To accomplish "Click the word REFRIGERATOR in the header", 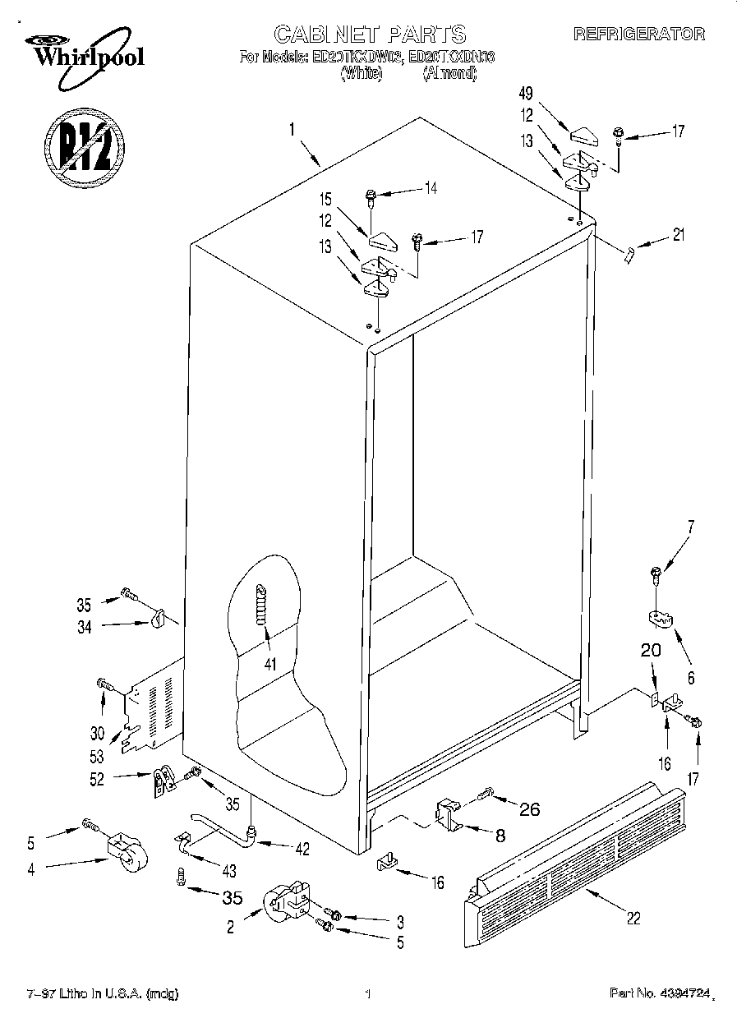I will pos(638,35).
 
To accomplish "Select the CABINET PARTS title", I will pos(370,34).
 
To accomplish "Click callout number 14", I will pos(431,188).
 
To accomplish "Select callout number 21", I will pos(678,236).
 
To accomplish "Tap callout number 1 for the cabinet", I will pos(291,128).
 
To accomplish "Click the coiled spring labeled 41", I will pos(262,604).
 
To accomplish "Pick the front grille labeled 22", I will pos(575,863).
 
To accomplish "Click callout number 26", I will pos(530,809).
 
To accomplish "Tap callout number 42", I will pos(302,850).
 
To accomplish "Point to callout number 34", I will pos(84,628).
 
